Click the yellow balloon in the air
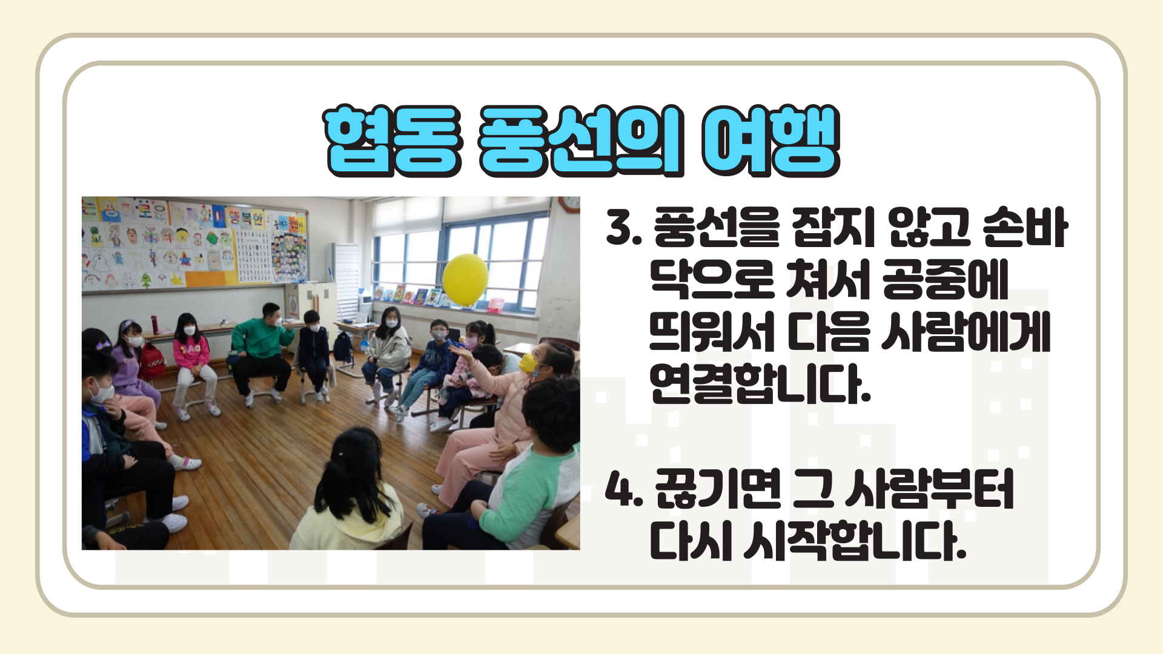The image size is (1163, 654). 465,279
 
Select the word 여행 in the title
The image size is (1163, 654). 770,140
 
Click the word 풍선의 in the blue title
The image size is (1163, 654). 581,140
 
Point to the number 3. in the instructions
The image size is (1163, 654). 623,228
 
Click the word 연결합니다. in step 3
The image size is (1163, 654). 760,383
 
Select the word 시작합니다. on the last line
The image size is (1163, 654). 855,540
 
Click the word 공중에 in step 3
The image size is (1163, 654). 945,279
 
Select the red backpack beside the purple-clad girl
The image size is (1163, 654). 152,362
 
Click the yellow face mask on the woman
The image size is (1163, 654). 528,363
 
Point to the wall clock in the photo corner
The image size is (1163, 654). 570,204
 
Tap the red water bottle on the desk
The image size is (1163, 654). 155,324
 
